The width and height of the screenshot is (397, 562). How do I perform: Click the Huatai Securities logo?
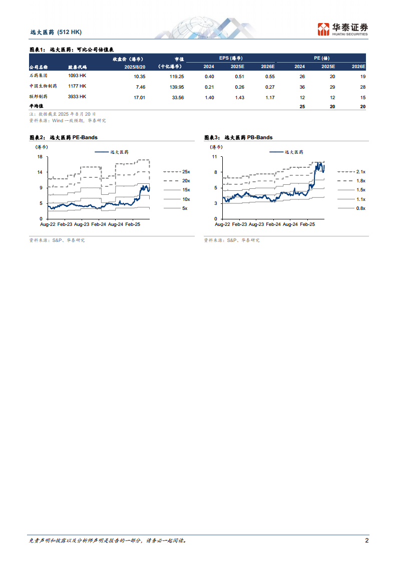pos(342,29)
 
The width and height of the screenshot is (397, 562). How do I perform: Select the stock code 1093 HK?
pos(77,76)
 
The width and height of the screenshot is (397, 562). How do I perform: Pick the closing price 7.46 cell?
pos(140,87)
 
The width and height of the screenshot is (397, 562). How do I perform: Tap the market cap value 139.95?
pos(176,87)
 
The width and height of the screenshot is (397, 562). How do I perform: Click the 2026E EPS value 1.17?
pos(269,97)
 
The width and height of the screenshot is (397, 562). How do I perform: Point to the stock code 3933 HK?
pos(77,97)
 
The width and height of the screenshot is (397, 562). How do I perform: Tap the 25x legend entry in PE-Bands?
pos(186,171)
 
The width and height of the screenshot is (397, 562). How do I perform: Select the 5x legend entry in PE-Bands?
pos(185,208)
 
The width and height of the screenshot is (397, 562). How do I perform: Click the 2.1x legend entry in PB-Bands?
pos(360,171)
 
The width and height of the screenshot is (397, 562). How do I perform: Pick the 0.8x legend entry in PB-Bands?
pos(360,208)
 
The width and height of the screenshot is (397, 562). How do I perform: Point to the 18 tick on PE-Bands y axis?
pos(40,156)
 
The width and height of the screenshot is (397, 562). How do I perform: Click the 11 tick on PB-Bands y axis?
pos(214,156)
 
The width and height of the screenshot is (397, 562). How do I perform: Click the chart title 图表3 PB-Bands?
pos(238,137)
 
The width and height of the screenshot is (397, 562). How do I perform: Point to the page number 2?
pos(367,540)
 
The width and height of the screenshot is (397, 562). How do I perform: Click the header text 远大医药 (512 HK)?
pos(56,32)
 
